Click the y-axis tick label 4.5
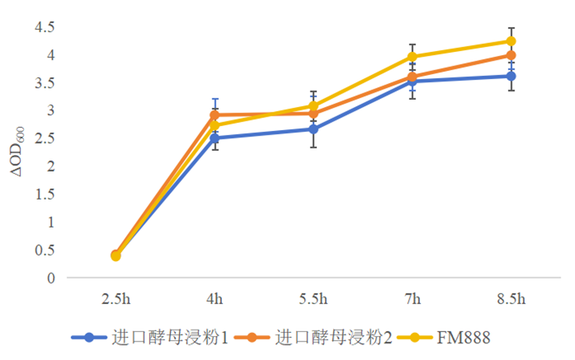(43, 27)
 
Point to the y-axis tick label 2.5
(43, 138)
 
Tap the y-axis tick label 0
(50, 278)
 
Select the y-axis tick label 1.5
(43, 194)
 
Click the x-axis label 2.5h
(115, 299)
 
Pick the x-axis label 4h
(214, 299)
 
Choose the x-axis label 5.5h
(313, 299)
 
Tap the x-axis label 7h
(412, 299)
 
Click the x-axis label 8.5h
(511, 299)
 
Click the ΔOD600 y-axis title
(26, 152)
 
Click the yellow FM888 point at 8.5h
(511, 41)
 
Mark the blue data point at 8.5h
(511, 76)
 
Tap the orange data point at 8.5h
(511, 55)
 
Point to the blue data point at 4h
(214, 138)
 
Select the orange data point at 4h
(214, 115)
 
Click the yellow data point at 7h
(412, 57)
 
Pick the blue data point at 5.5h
(313, 129)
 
